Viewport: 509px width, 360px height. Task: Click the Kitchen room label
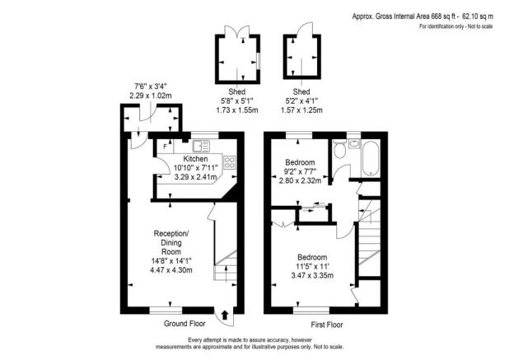click(x=195, y=158)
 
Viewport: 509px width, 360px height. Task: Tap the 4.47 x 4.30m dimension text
click(x=171, y=269)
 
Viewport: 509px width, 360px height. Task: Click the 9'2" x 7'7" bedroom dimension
click(x=301, y=171)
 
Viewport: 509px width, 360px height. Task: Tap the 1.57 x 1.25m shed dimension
click(x=301, y=110)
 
